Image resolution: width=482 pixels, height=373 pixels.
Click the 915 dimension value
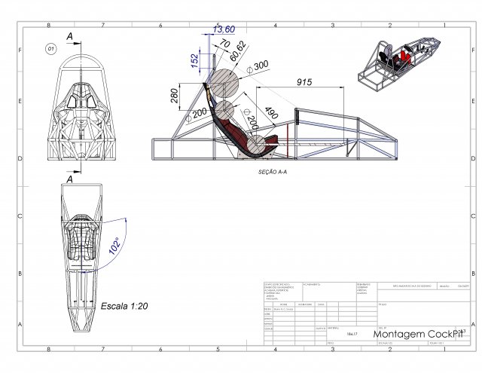[x=304, y=82]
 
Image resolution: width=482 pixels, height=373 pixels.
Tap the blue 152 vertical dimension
[x=194, y=59]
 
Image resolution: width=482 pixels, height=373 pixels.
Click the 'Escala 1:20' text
[x=124, y=307]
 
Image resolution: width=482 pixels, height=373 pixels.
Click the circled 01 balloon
[x=51, y=48]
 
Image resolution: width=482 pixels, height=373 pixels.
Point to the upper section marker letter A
[x=69, y=36]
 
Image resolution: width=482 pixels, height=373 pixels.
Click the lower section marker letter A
[x=69, y=180]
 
